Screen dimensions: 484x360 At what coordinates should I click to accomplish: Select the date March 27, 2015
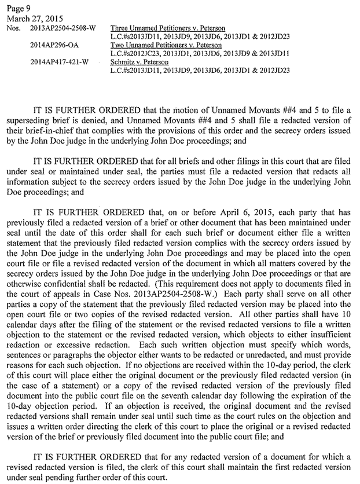pyautogui.click(x=29, y=19)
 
